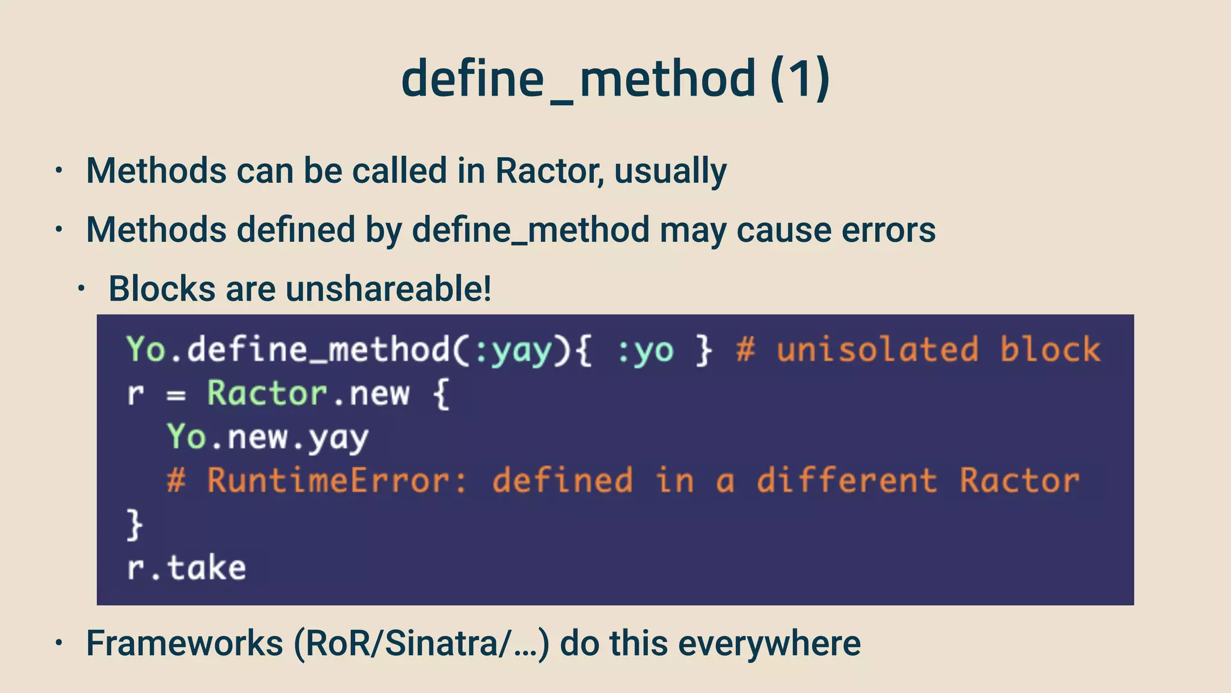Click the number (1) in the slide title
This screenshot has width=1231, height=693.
(x=800, y=79)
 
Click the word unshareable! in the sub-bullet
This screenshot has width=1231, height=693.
(x=388, y=289)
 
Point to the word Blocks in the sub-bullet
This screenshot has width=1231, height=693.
(x=162, y=289)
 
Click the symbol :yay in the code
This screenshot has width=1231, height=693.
(x=513, y=351)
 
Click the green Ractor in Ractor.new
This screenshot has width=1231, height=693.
(x=267, y=394)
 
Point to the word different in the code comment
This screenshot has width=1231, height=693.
(x=846, y=481)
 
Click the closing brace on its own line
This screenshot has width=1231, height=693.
(x=135, y=525)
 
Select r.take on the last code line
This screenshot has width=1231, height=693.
(x=186, y=568)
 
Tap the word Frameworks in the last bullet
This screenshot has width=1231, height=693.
(x=185, y=643)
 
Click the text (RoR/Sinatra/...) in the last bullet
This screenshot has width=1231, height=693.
(x=421, y=643)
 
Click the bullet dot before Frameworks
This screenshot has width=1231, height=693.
(x=58, y=643)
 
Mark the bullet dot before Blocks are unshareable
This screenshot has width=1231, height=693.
(x=81, y=289)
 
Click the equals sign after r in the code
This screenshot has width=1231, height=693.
(x=176, y=396)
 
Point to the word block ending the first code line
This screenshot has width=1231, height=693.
(x=1050, y=351)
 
